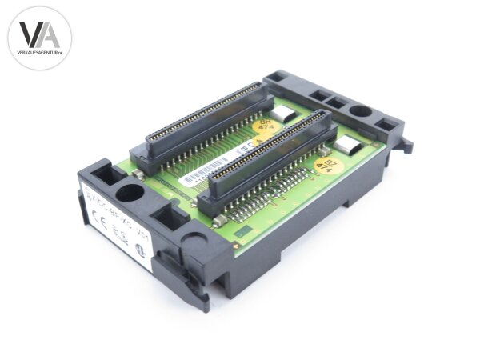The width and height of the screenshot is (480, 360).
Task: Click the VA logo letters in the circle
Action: pyautogui.click(x=39, y=34)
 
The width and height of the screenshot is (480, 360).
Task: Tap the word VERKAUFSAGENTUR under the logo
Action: pyautogui.click(x=39, y=52)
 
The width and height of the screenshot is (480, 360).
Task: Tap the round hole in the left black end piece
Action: pyautogui.click(x=127, y=192)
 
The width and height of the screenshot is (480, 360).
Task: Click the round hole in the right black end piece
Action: pyautogui.click(x=360, y=114)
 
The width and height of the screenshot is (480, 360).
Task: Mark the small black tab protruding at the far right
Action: pyautogui.click(x=407, y=145)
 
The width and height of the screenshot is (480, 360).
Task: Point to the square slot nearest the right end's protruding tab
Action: pyautogui.click(x=388, y=125)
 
